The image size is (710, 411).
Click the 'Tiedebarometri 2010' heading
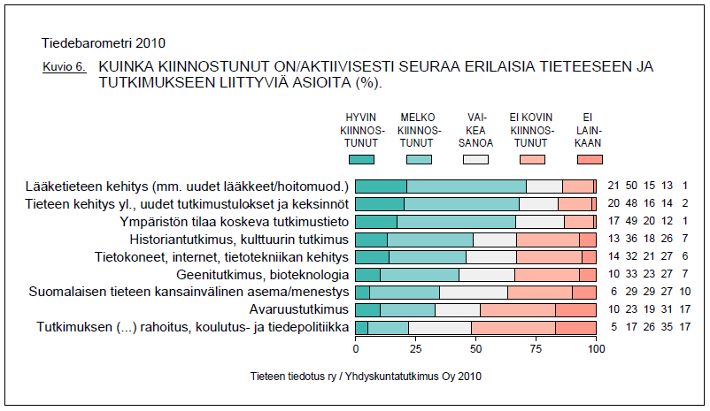coord(103,42)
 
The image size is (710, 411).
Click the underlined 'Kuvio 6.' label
coord(64,66)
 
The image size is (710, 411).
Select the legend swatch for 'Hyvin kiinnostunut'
coord(361,159)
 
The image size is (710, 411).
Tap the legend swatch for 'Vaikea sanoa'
coord(475,159)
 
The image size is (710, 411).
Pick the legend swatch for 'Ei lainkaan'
coord(590,159)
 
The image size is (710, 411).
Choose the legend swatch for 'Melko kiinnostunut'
coord(419,159)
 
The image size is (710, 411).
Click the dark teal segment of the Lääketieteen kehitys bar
coord(381,186)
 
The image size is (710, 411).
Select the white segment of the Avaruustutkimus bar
coord(458,309)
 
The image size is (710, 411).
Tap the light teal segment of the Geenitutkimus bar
coord(420,274)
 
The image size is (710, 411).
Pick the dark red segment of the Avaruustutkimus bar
coord(576,309)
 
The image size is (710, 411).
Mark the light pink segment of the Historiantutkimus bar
coord(548,239)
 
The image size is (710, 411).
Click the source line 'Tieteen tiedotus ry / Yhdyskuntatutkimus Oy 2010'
coord(367,376)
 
